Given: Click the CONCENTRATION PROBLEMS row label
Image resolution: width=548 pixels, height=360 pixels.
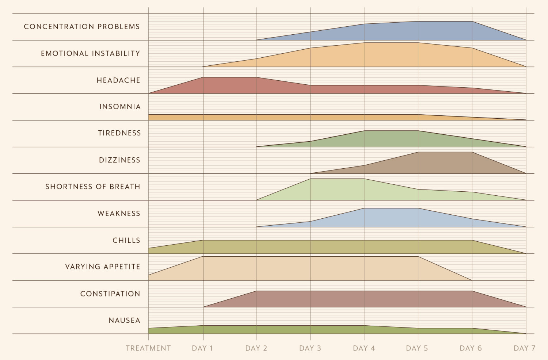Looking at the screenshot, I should [x=82, y=27].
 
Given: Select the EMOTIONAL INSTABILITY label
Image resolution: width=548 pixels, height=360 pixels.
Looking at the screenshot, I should [x=91, y=54].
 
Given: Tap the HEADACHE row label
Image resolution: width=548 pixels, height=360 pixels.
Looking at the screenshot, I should [x=118, y=80].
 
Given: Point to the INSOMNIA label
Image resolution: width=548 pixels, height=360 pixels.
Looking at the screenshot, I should [x=120, y=107].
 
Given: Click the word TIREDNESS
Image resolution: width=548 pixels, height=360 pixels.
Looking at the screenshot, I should [x=119, y=133].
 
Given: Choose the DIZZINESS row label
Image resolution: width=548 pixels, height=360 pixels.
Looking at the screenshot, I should [x=120, y=160].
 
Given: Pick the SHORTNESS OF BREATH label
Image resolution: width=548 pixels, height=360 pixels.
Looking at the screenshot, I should [x=93, y=187].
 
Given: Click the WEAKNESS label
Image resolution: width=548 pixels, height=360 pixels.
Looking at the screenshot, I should [x=119, y=214].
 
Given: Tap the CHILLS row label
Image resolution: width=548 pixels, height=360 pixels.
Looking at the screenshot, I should [x=126, y=240].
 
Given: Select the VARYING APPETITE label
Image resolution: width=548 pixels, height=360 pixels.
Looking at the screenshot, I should [x=103, y=267].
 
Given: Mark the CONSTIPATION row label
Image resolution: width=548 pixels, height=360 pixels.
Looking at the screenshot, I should [x=110, y=294].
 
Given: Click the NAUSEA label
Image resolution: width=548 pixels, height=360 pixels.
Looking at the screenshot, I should [x=125, y=321].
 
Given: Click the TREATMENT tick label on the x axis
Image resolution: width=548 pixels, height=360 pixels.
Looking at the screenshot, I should [x=148, y=348].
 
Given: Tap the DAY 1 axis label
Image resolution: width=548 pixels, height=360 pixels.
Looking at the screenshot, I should [x=202, y=348].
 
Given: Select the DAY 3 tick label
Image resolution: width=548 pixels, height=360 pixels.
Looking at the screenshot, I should [x=310, y=348].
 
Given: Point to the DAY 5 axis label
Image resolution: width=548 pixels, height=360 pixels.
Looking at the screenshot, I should [x=417, y=348].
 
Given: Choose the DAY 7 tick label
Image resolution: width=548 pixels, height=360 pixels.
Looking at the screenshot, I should [x=525, y=348].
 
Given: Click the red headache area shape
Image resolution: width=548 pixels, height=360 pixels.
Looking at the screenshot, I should [x=256, y=87].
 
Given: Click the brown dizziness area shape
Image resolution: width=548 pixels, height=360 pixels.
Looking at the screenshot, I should [x=438, y=164].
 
